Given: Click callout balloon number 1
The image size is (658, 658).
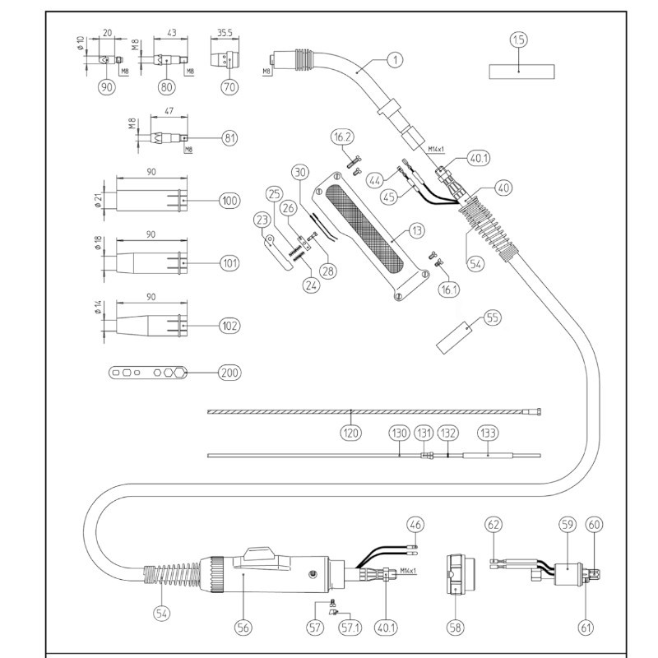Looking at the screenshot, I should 396,59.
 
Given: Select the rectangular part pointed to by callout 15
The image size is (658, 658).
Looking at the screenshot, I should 518,71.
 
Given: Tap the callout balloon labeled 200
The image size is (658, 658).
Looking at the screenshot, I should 229,373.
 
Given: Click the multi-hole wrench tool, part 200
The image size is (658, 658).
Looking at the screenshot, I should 149,373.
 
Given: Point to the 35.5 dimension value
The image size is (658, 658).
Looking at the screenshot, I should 225,33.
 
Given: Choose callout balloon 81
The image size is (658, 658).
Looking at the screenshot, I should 229,138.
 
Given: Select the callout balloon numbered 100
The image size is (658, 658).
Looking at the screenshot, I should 229,201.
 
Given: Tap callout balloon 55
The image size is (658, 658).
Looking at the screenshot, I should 492,317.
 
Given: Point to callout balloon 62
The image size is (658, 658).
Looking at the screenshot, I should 493,523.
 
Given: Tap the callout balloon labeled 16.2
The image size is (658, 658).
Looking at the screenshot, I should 343,137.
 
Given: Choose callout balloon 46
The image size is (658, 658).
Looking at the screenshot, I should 416,523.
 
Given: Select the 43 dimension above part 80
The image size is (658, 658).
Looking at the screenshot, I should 171,33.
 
